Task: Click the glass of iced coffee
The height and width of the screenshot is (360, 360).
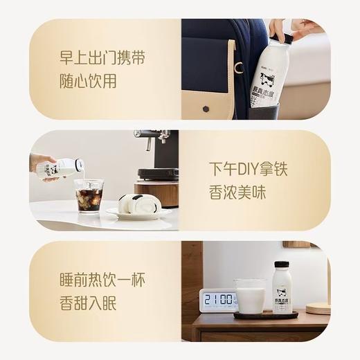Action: [x=89, y=195]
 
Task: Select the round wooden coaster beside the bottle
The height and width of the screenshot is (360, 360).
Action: [x=317, y=308]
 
